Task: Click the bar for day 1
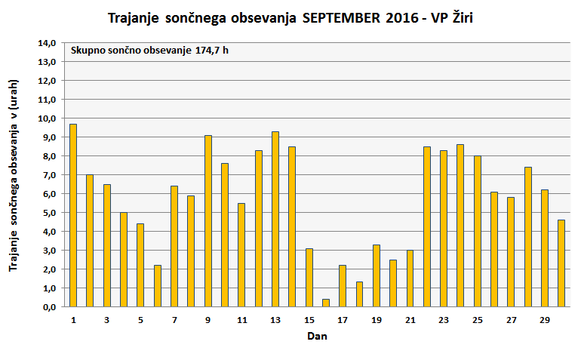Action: pyautogui.click(x=73, y=215)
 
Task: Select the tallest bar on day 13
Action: pyautogui.click(x=275, y=219)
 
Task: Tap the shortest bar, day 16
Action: pyautogui.click(x=326, y=303)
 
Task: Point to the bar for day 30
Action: pyautogui.click(x=561, y=263)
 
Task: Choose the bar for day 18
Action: pyautogui.click(x=359, y=294)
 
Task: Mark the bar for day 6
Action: pyautogui.click(x=158, y=286)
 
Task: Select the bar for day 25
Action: pyautogui.click(x=478, y=231)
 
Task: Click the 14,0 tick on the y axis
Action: pyautogui.click(x=48, y=43)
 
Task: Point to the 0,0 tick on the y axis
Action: pyautogui.click(x=48, y=307)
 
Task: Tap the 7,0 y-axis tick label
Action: pyautogui.click(x=48, y=175)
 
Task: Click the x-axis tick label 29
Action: pyautogui.click(x=545, y=320)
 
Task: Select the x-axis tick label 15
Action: pyautogui.click(x=309, y=320)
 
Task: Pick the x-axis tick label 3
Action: pyautogui.click(x=106, y=320)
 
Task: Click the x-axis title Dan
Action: pyautogui.click(x=317, y=337)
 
